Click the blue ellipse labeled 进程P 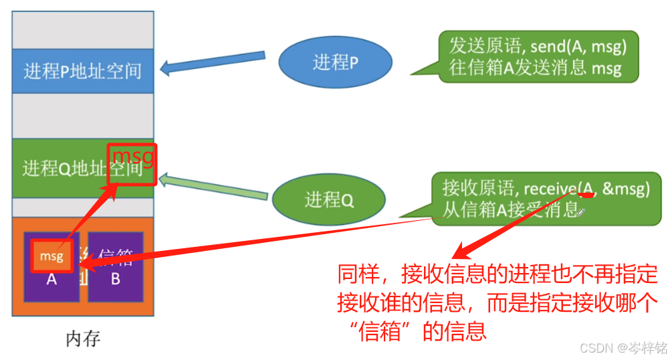coord(335,63)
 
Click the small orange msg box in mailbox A coord(51,256)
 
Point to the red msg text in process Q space coord(133,157)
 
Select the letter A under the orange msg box coord(51,280)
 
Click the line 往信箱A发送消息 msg coord(535,68)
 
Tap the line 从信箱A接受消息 coord(512,210)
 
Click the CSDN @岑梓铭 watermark coord(623,348)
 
